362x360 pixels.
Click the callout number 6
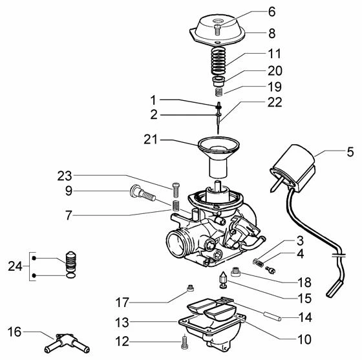pos(271,12)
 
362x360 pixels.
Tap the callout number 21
pos(151,140)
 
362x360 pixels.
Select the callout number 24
pos(16,266)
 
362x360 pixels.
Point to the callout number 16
pos(14,332)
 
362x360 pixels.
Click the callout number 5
pos(350,152)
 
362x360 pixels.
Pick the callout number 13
pos(122,323)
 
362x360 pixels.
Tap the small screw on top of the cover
pos(217,30)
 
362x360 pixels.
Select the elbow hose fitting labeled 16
pos(67,343)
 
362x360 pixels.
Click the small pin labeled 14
pos(272,316)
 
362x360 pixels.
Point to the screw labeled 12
pos(184,342)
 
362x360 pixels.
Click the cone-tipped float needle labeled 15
pos(223,280)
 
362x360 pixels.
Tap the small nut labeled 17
pos(190,288)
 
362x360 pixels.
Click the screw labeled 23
pos(176,189)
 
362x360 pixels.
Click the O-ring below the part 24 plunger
pos(70,275)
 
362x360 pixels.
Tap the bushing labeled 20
pos(218,81)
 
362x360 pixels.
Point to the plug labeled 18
pos(236,272)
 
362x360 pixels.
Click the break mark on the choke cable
pos(339,255)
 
